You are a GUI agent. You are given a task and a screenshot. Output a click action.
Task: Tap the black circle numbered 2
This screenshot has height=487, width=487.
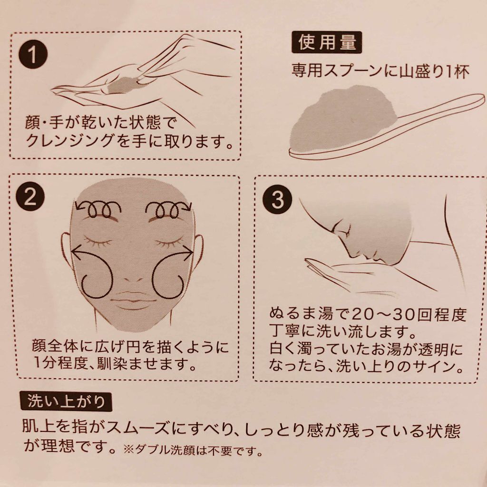(30, 196)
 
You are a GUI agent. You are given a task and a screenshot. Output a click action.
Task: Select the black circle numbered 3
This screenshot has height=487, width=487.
(277, 200)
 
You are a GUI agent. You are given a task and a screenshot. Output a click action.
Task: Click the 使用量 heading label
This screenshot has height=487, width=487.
(327, 42)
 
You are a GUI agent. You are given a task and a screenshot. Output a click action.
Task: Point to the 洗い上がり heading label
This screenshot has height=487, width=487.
(66, 401)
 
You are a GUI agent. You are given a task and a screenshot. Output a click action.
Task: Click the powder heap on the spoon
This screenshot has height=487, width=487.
(343, 119)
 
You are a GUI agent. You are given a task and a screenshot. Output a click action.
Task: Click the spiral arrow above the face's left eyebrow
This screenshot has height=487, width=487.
(99, 209)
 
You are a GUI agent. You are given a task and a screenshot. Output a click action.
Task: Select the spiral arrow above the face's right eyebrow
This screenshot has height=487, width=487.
(168, 209)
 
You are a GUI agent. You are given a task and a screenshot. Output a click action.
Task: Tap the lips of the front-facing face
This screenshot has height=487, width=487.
(134, 301)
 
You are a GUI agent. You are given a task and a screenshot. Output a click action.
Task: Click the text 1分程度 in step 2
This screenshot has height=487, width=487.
(59, 363)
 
